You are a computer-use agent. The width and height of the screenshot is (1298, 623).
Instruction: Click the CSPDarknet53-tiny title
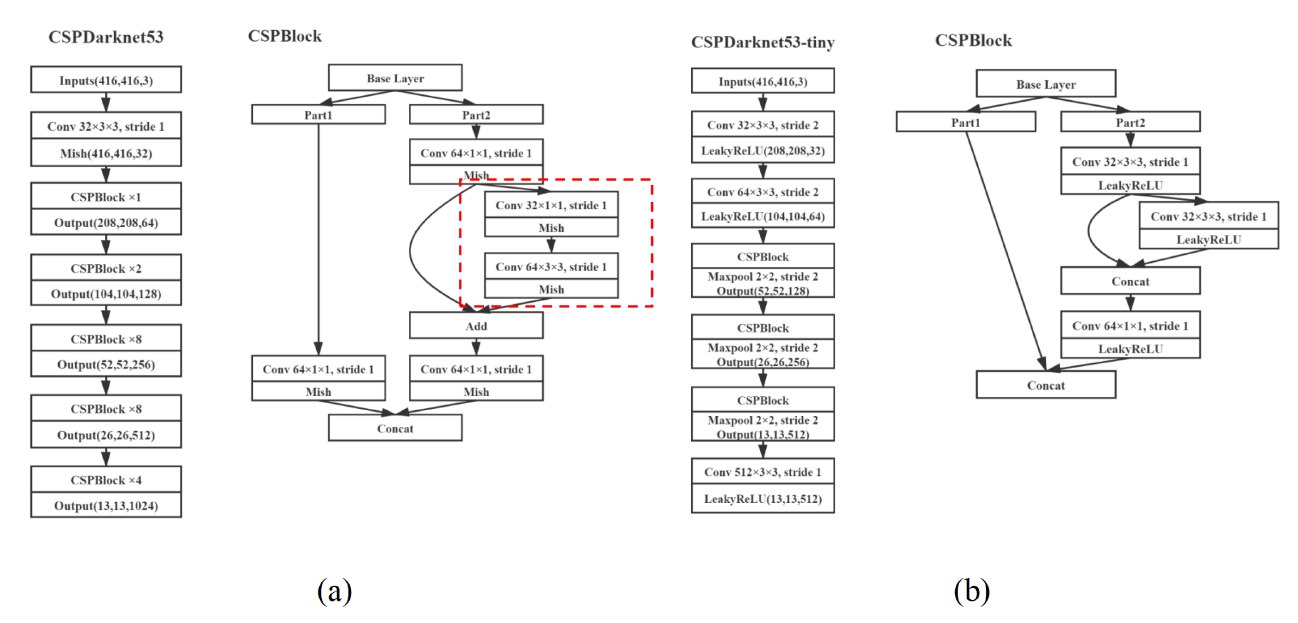point(762,42)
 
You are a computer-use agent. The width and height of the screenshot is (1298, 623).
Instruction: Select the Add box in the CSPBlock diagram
point(475,326)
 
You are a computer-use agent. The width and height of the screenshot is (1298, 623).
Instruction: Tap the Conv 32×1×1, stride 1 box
point(551,205)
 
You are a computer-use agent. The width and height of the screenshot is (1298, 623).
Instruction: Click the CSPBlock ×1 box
point(106,196)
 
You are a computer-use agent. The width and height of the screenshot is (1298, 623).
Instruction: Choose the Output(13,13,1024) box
point(106,505)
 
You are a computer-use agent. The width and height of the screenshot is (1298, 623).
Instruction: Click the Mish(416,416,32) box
point(106,153)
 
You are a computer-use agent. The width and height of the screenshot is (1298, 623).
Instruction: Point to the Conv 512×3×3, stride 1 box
point(762,472)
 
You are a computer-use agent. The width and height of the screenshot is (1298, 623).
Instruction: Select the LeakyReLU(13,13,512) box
point(762,499)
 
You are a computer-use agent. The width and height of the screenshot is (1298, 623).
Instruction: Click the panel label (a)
point(334,591)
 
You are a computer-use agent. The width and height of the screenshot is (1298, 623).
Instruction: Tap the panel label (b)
point(971,591)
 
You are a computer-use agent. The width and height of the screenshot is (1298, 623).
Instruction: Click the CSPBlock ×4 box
point(106,479)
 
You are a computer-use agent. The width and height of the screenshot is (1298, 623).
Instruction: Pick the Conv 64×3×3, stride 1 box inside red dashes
point(551,267)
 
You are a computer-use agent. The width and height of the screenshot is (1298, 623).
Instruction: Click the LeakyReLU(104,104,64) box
point(762,216)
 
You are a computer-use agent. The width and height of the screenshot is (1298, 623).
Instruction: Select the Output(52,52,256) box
point(106,364)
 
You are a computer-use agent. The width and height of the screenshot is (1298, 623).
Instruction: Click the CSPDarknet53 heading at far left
point(106,37)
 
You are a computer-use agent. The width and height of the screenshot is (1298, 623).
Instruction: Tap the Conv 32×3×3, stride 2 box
point(762,125)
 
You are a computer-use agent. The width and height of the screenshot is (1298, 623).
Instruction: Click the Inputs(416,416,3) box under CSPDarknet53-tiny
point(762,81)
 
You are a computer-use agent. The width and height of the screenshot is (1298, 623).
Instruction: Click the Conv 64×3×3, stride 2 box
point(762,191)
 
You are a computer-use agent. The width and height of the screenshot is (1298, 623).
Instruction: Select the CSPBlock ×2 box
point(106,268)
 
